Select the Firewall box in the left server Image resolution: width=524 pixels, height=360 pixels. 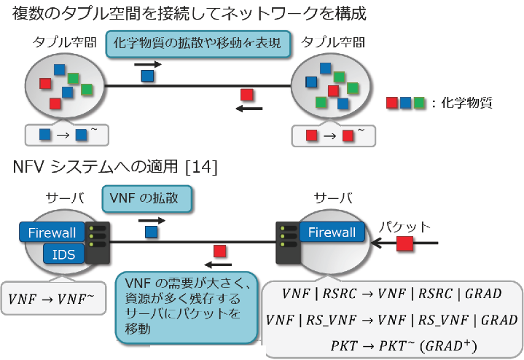pyautogui.click(x=52, y=233)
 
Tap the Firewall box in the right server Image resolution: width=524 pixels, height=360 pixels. pyautogui.click(x=332, y=232)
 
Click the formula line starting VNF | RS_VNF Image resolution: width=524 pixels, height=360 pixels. pyautogui.click(x=391, y=318)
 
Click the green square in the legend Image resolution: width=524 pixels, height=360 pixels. pyautogui.click(x=419, y=103)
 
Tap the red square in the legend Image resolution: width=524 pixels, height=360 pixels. pyautogui.click(x=392, y=103)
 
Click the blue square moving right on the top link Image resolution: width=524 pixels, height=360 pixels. pyautogui.click(x=148, y=75)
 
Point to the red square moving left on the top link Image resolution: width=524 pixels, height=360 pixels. pyautogui.click(x=248, y=95)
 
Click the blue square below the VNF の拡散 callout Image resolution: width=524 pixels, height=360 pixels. pyautogui.click(x=150, y=232)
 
